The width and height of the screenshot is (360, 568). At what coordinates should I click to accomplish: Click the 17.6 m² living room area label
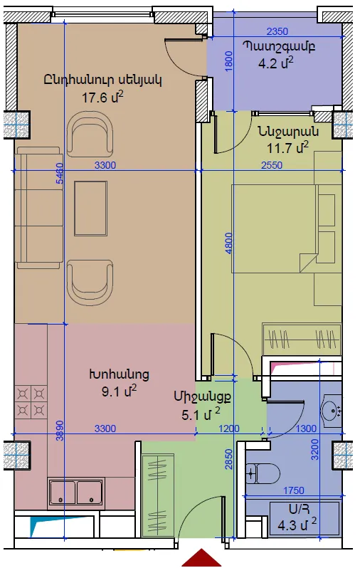pyautogui.click(x=103, y=97)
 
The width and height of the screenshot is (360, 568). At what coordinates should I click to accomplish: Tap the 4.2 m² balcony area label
pyautogui.click(x=275, y=63)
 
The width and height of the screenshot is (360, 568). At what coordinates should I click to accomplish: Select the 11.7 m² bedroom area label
pyautogui.click(x=287, y=147)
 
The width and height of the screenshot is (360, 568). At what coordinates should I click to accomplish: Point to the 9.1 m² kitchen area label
pyautogui.click(x=119, y=391)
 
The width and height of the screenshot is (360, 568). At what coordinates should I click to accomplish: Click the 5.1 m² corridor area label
pyautogui.click(x=201, y=414)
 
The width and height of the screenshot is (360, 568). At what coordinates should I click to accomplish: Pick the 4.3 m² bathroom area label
pyautogui.click(x=297, y=525)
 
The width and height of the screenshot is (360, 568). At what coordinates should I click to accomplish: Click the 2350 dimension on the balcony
pyautogui.click(x=277, y=31)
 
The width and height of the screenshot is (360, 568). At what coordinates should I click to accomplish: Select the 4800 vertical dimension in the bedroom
pyautogui.click(x=228, y=243)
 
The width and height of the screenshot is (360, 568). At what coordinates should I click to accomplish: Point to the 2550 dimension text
pyautogui.click(x=272, y=165)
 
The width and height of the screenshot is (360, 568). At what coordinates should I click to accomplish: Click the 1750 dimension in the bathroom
pyautogui.click(x=293, y=490)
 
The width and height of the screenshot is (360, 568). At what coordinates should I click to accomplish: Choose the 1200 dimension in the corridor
pyautogui.click(x=229, y=428)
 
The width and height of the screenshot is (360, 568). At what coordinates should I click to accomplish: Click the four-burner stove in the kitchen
pyautogui.click(x=31, y=401)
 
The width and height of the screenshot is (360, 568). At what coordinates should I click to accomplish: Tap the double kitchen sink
pyautogui.click(x=76, y=493)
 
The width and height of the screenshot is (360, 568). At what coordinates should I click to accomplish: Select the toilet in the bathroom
pyautogui.click(x=263, y=473)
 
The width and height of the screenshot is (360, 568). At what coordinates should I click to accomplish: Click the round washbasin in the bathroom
pyautogui.click(x=332, y=411)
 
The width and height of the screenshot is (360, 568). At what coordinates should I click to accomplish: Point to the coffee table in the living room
pyautogui.click(x=90, y=209)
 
